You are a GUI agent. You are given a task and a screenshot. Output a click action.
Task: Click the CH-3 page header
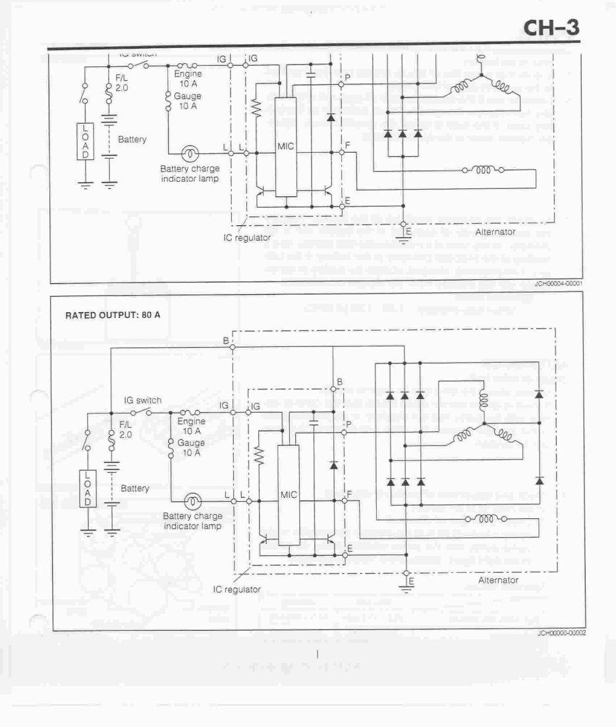coord(551,28)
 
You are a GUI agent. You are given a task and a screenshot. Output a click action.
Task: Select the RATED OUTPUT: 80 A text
coord(113,315)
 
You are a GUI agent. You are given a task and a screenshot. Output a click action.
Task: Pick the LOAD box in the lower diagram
coord(88,489)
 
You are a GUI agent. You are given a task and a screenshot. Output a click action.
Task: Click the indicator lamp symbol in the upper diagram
coord(190,152)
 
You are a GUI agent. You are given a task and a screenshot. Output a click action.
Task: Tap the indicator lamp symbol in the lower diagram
coord(192,501)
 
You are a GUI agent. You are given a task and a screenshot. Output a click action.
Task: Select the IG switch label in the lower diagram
coord(142,400)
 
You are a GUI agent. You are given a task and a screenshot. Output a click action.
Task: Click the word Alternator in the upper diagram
coord(495,232)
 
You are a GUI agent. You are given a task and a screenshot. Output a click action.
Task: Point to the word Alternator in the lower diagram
coord(498,580)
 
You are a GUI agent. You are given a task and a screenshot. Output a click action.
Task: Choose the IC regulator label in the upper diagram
coord(247,237)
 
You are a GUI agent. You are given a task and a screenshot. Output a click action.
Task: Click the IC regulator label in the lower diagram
coord(237,589)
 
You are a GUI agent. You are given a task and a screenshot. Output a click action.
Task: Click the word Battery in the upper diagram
coord(132,140)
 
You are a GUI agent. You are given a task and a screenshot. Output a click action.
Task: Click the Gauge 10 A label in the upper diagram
coord(188,101)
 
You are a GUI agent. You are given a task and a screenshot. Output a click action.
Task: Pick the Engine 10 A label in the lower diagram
coord(192,426)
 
